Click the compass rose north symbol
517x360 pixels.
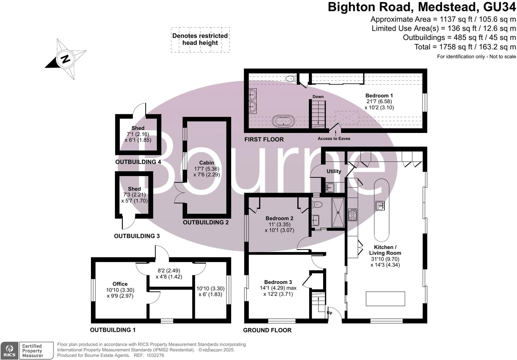click(65, 59)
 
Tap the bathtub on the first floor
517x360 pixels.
click(283, 121)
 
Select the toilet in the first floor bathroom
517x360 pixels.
click(291, 79)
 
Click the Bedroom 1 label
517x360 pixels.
click(379, 96)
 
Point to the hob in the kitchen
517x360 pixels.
click(352, 214)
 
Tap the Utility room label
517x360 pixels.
click(333, 171)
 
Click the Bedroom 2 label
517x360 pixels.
click(279, 218)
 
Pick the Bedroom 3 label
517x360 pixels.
click(278, 282)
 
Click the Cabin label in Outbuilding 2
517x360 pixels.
click(207, 163)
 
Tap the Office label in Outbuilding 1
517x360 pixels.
click(120, 284)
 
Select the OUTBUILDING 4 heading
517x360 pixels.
click(138, 162)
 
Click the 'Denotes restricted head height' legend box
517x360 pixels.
click(200, 40)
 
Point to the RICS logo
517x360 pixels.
click(9, 351)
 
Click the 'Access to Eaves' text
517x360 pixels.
click(334, 138)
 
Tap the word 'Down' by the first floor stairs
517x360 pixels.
click(318, 97)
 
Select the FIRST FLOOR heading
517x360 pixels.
click(264, 139)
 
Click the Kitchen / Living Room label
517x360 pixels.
click(385, 250)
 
